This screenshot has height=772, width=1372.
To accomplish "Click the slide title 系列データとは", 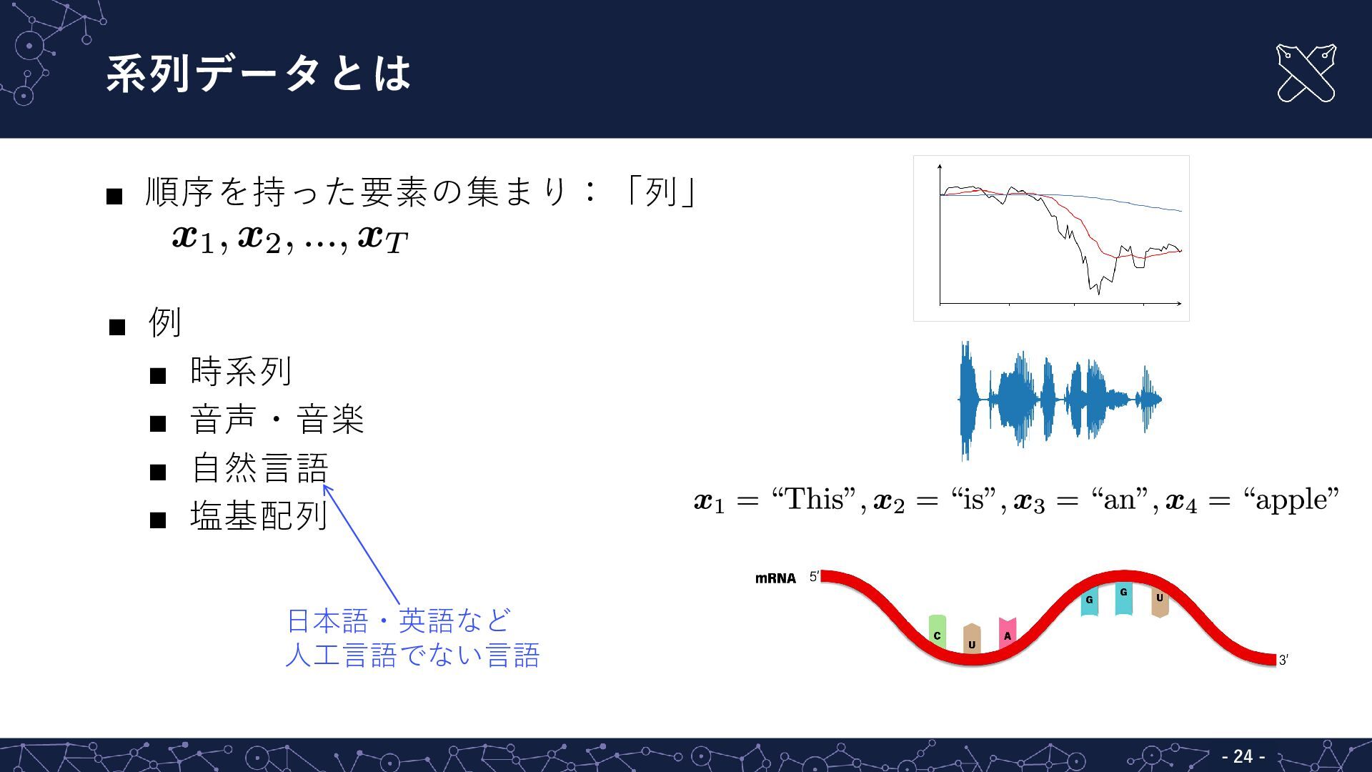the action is coord(259,73).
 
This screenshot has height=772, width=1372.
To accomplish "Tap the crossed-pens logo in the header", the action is coord(1306,73).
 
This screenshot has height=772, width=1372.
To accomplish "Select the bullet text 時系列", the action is coord(241,371).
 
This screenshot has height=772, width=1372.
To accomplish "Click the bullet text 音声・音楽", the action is coord(277,419).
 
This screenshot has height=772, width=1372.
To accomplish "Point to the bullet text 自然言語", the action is coord(259,467).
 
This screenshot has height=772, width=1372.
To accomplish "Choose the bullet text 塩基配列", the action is coord(259,515).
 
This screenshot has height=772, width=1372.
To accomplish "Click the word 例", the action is coord(165,322).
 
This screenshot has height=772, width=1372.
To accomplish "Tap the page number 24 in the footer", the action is coord(1243,756).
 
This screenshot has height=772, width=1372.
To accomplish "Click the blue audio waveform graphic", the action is coord(1059,400).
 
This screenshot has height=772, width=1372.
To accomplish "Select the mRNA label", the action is coord(775,578).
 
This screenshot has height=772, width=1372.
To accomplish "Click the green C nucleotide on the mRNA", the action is coord(937,632).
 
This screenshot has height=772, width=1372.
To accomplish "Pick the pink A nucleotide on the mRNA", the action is coord(1007,633).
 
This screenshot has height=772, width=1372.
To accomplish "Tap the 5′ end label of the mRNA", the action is coord(814,577).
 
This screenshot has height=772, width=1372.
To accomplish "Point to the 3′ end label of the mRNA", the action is coord(1283,660).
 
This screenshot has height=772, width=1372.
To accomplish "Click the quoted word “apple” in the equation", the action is coord(1291,500).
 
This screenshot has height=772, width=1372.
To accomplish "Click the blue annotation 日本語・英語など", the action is coord(399,620).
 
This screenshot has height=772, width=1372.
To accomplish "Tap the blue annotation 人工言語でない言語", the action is coord(412,655).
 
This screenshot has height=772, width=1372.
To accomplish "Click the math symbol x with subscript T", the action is coord(382,239).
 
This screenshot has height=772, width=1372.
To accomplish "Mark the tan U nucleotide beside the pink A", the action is coord(972,638).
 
